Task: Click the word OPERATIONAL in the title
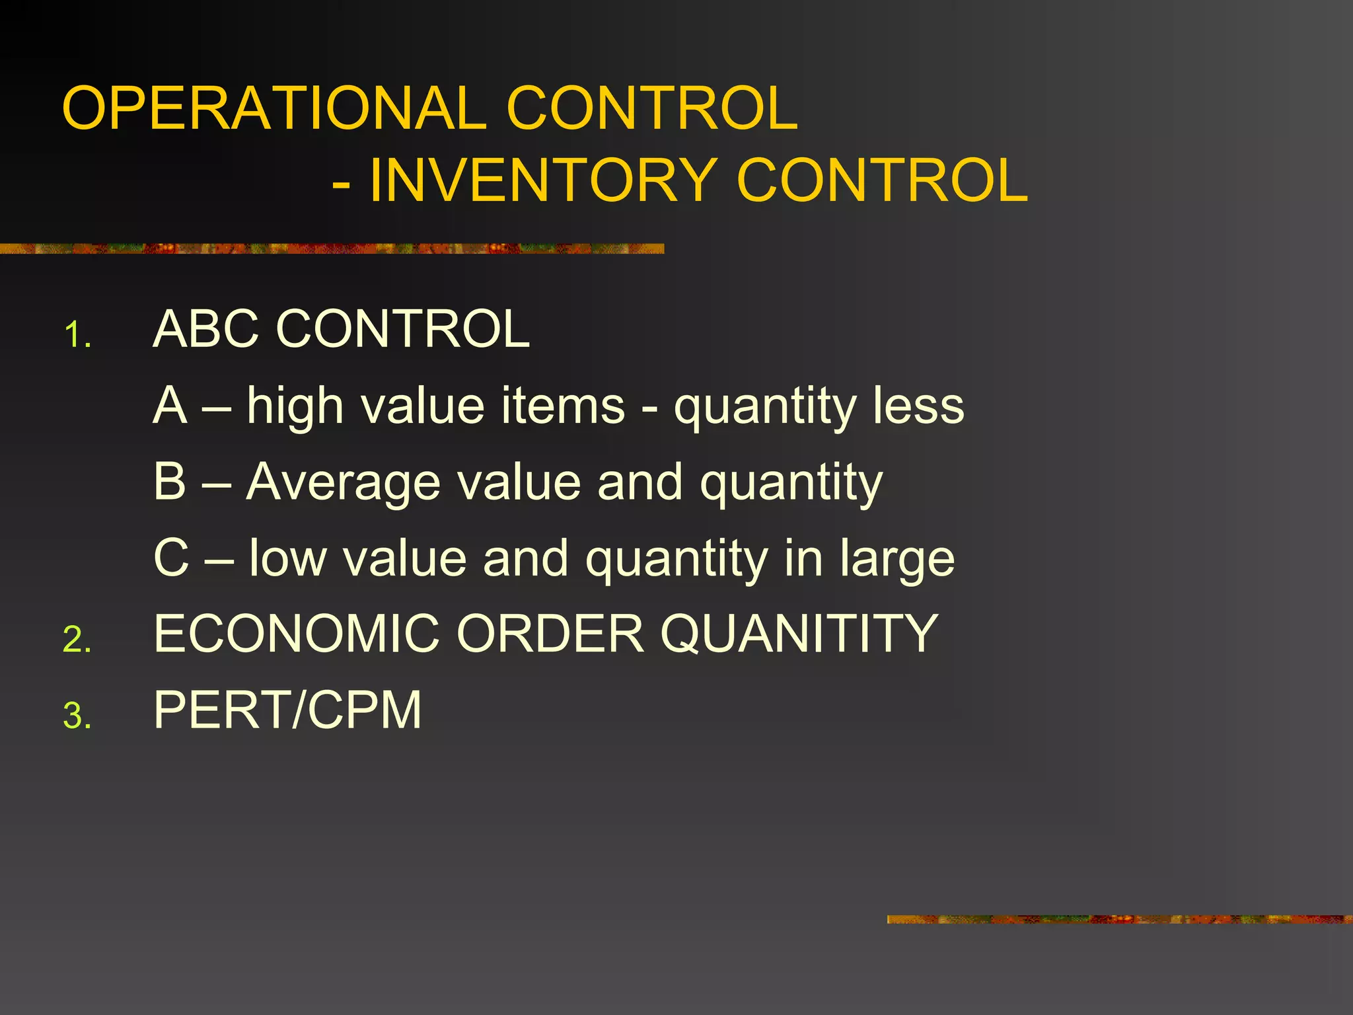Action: click(x=275, y=108)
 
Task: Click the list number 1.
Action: click(x=77, y=335)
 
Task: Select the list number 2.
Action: click(x=77, y=640)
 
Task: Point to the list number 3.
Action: click(x=77, y=716)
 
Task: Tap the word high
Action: click(x=295, y=406)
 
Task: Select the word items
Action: click(x=563, y=406)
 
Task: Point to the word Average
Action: click(x=343, y=482)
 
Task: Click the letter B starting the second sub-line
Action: click(x=170, y=482)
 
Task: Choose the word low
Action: click(x=288, y=558)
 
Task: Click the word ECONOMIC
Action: click(x=297, y=634)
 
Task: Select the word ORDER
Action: click(x=550, y=634)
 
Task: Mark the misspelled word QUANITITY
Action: click(x=799, y=634)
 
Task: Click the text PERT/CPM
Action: click(x=287, y=710)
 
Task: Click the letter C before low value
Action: click(x=171, y=558)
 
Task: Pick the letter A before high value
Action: click(x=170, y=405)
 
